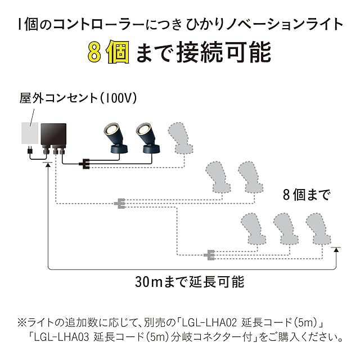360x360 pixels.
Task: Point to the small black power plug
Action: [x=28, y=151]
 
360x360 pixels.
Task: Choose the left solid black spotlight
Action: [x=115, y=138]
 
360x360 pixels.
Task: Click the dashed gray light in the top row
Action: [x=183, y=138]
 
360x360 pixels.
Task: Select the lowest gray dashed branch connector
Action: [x=210, y=254]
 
